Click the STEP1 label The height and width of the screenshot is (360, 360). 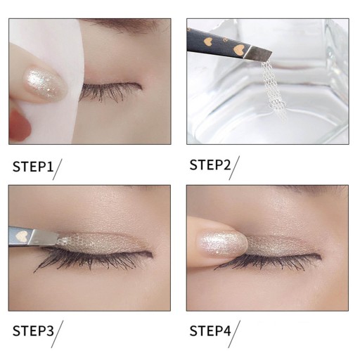[x=33, y=167]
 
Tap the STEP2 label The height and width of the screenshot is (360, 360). [x=210, y=165]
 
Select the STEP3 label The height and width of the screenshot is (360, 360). [x=33, y=330]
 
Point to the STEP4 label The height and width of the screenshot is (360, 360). [x=210, y=330]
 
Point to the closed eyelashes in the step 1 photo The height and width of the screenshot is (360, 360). [x=110, y=91]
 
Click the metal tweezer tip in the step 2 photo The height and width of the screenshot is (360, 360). [x=257, y=53]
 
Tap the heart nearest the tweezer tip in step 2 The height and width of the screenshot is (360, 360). [x=238, y=49]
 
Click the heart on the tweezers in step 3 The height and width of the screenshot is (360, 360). [x=22, y=236]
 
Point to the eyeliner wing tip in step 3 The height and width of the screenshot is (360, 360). [x=152, y=254]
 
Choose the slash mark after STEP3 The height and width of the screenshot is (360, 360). [x=57, y=334]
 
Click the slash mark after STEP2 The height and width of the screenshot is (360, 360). [x=234, y=168]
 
